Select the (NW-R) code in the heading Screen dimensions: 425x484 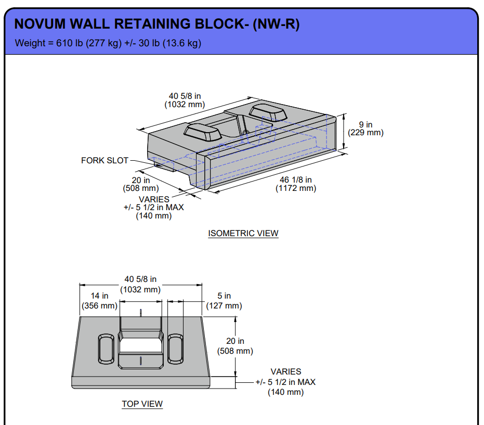click(x=276, y=24)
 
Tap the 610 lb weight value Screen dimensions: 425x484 click(x=68, y=43)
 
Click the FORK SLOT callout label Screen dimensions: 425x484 click(x=104, y=160)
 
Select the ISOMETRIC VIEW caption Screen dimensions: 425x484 click(x=243, y=233)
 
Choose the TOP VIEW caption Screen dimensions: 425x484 click(x=142, y=404)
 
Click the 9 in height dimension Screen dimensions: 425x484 click(x=365, y=124)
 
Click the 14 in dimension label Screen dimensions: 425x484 click(x=99, y=296)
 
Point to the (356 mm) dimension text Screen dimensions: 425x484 click(x=99, y=305)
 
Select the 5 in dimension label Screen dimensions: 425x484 click(x=224, y=296)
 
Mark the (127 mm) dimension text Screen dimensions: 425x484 click(x=224, y=305)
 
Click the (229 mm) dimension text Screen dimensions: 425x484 click(x=365, y=133)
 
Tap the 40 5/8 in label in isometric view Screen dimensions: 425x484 click(x=185, y=96)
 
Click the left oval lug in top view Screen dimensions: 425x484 click(x=106, y=349)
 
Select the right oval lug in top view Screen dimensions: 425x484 click(x=175, y=349)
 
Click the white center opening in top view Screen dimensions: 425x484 click(x=140, y=345)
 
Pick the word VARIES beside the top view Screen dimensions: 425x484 click(x=285, y=371)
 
